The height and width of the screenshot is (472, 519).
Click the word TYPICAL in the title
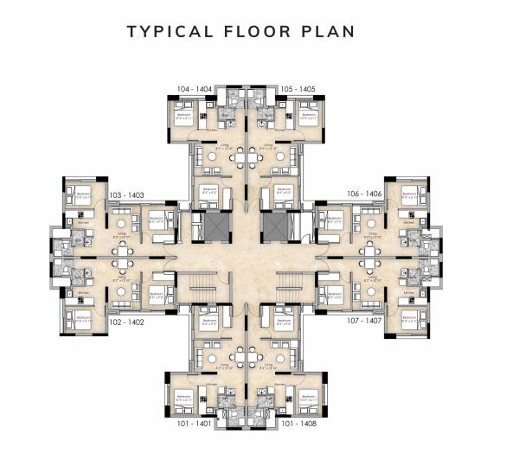tap(167, 32)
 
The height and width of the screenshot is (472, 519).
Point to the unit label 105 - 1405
tap(298, 89)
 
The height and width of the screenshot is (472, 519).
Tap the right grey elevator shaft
tap(275, 226)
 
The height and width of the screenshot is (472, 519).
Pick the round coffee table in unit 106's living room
tap(371, 223)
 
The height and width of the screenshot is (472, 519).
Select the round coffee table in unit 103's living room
tap(120, 223)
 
